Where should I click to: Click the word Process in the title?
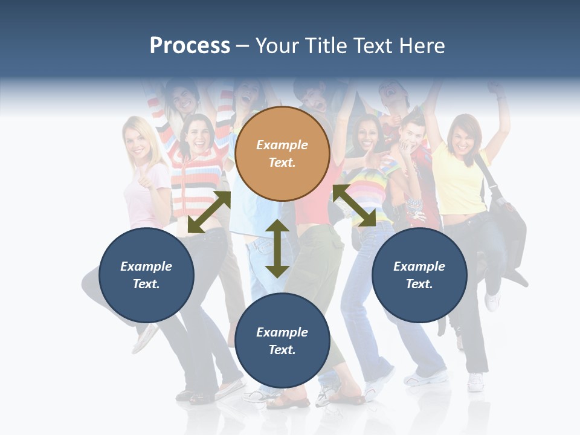[190, 46]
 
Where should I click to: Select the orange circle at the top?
[282, 153]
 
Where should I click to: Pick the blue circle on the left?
[146, 275]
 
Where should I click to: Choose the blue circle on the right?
[419, 275]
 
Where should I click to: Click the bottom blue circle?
[282, 341]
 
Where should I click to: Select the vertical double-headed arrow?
[277, 248]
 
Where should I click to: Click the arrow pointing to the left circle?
[209, 212]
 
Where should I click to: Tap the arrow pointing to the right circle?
[355, 205]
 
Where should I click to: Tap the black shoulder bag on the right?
[506, 211]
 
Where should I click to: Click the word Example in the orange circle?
[282, 145]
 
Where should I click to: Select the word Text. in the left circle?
[146, 284]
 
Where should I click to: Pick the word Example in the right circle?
[419, 266]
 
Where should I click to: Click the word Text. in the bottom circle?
[282, 350]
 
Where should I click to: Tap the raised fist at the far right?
[497, 89]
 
